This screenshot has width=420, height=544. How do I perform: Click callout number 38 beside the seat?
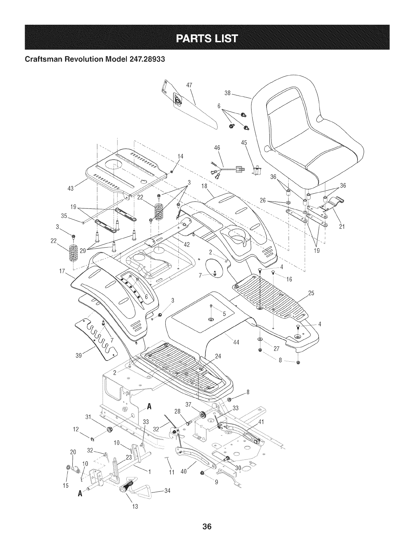(x=227, y=93)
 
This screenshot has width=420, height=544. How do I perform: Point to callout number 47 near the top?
(x=189, y=85)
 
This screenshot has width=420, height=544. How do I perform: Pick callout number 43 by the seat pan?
(x=71, y=189)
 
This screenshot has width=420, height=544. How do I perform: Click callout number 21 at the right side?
(x=342, y=227)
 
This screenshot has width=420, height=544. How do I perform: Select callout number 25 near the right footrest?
(x=311, y=293)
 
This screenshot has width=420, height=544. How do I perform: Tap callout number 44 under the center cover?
(x=236, y=342)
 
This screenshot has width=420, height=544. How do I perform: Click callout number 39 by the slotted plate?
(x=79, y=355)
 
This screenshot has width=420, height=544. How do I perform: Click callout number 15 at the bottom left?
(x=66, y=486)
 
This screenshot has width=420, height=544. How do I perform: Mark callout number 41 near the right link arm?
(x=261, y=422)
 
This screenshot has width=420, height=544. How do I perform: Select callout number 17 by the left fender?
(x=62, y=271)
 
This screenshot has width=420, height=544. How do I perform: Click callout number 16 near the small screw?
(x=289, y=280)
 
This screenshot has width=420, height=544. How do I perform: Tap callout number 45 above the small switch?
(x=244, y=143)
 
